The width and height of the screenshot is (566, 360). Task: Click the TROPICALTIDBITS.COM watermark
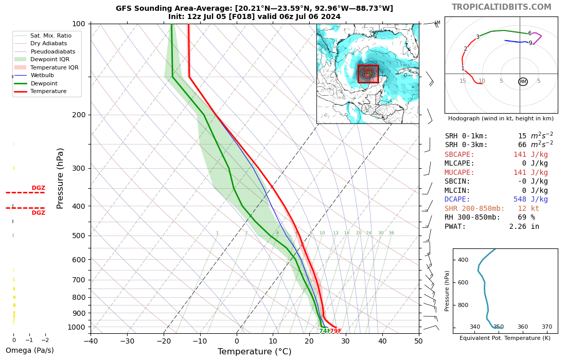pyautogui.click(x=501, y=7)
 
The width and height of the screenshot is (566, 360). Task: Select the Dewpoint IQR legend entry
pyautogui.click(x=50, y=59)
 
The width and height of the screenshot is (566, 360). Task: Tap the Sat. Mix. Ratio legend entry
pyautogui.click(x=50, y=35)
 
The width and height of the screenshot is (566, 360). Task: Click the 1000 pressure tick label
pyautogui.click(x=76, y=327)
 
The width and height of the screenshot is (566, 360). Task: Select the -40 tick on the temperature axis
pyautogui.click(x=91, y=340)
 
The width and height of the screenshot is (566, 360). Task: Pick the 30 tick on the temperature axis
pyautogui.click(x=345, y=340)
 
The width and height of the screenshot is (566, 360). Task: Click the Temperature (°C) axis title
pyautogui.click(x=254, y=352)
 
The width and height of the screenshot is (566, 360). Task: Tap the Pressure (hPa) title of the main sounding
pyautogui.click(x=60, y=178)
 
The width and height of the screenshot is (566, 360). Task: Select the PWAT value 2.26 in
pyautogui.click(x=524, y=226)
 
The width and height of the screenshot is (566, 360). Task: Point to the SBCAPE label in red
pyautogui.click(x=459, y=155)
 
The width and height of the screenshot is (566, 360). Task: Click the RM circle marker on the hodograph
pyautogui.click(x=523, y=82)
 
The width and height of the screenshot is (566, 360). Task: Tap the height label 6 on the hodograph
pyautogui.click(x=529, y=33)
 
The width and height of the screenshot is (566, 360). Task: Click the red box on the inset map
pyautogui.click(x=368, y=74)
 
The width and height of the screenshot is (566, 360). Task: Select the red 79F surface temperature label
pyautogui.click(x=335, y=331)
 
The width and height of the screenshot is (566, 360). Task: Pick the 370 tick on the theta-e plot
pyautogui.click(x=546, y=327)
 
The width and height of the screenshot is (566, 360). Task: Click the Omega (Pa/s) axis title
pyautogui.click(x=29, y=351)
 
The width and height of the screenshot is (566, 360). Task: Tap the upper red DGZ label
pyautogui.click(x=39, y=188)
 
